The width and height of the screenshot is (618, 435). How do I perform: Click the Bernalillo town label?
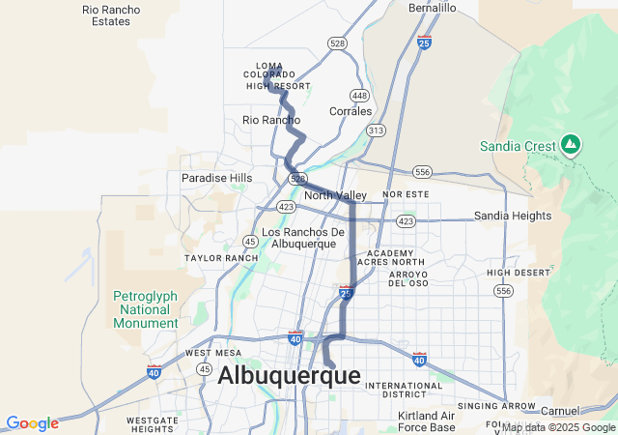[432, 7]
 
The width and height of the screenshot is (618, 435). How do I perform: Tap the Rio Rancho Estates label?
[112, 14]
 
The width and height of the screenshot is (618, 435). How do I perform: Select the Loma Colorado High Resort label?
[277, 75]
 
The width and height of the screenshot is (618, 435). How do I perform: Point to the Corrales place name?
[351, 111]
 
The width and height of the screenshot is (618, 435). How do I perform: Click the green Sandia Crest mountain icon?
[571, 145]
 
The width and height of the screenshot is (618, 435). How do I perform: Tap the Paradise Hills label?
[216, 178]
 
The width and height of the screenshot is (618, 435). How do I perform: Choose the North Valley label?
[335, 195]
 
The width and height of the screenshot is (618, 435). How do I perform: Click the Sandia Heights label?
[512, 216]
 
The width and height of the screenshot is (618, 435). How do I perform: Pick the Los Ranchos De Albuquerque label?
[303, 238]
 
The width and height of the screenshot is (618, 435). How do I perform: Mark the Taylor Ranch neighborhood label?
[221, 258]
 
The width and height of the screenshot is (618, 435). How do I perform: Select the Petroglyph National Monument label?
[145, 309]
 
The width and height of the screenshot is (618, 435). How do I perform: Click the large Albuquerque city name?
[289, 376]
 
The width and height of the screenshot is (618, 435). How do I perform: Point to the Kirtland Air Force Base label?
[426, 421]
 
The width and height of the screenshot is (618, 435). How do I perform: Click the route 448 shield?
[359, 96]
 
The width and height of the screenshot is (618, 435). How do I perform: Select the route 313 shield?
[376, 130]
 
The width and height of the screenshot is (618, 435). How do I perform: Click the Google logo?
[32, 423]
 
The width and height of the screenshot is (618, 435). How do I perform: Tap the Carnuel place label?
[560, 411]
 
